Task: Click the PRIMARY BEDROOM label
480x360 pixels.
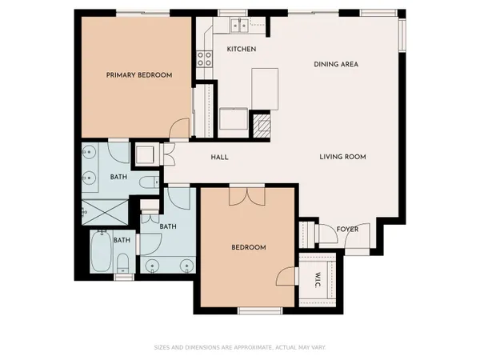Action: pos(139,75)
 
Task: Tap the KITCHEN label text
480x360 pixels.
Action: pos(241,50)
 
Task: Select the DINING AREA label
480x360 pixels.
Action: pos(334,64)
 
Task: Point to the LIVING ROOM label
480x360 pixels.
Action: pos(342,157)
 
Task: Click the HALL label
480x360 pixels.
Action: pos(219,158)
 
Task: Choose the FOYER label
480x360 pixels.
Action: pos(346,230)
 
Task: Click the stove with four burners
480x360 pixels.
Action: pos(204,58)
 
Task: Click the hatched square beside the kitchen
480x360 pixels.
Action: pos(262,124)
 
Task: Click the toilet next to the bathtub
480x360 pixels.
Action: pos(122,263)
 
